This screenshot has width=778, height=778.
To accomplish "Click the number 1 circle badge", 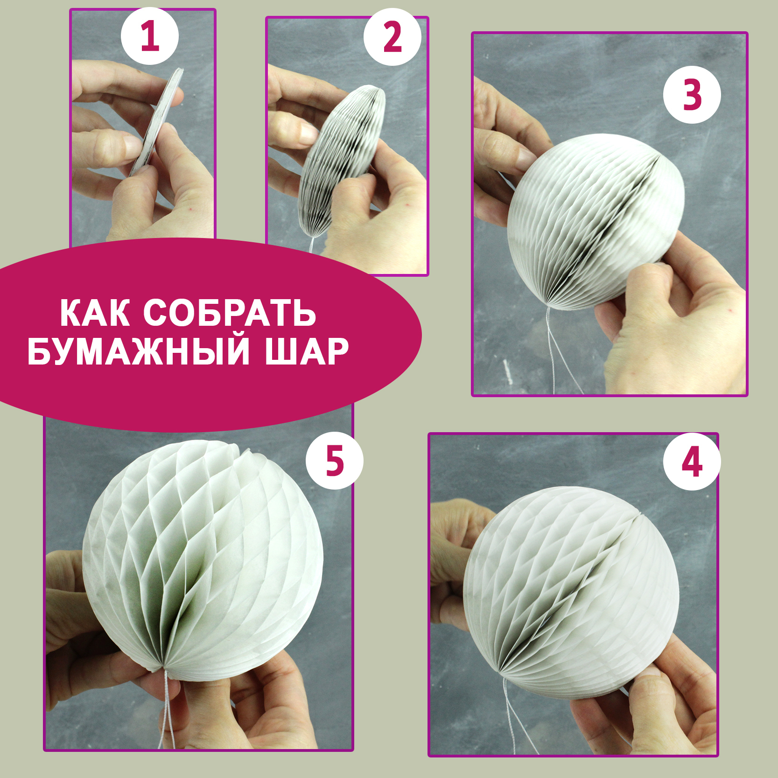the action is click(x=150, y=36).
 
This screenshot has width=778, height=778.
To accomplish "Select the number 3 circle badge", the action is click(x=692, y=95).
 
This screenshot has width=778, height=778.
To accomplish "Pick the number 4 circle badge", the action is click(x=692, y=461).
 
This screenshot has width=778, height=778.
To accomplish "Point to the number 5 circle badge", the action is click(x=335, y=460).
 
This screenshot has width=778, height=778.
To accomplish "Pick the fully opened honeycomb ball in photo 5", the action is click(x=203, y=555).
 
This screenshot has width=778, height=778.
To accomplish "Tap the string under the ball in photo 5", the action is click(x=167, y=709).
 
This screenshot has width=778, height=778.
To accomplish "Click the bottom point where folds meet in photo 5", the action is click(x=163, y=668).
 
